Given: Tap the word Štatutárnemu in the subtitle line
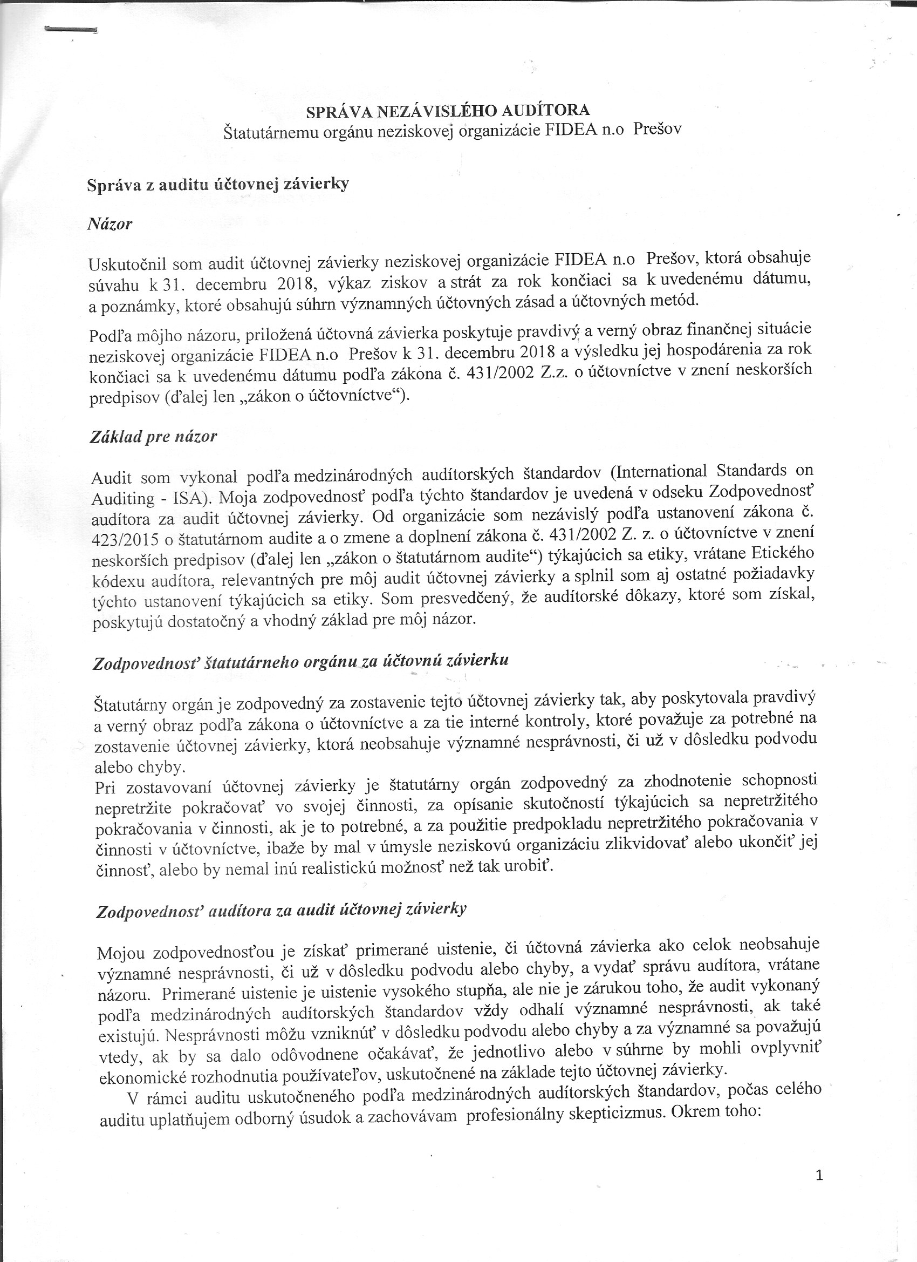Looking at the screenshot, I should pyautogui.click(x=272, y=133).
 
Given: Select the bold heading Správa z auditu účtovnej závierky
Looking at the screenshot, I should pyautogui.click(x=218, y=185).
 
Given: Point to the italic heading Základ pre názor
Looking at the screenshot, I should pyautogui.click(x=153, y=437).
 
